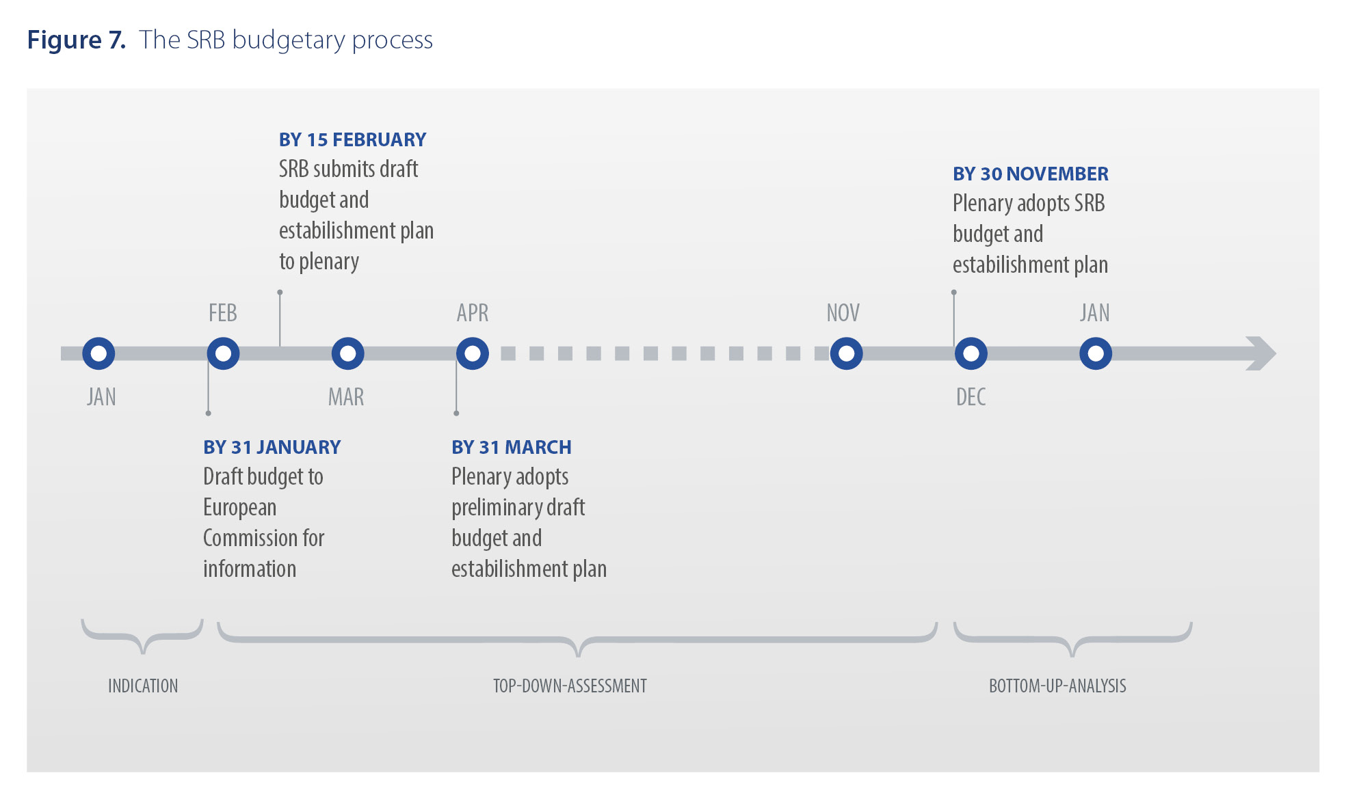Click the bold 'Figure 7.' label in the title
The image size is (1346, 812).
coord(76,40)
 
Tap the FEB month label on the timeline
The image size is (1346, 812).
coord(223,313)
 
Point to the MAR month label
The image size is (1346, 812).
coord(346,397)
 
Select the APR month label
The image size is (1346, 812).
coord(473,313)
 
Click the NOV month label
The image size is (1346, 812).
coord(843,313)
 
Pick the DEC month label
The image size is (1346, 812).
coord(971,397)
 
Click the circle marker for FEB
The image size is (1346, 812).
coord(223,353)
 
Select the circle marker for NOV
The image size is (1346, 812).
coord(846,353)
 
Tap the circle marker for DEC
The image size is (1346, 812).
coord(971,353)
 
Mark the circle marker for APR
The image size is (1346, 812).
coord(473,353)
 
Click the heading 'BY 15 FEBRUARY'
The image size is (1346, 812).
coord(352,140)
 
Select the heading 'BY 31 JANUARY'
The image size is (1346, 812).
coord(272,448)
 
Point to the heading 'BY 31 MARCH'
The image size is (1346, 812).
coord(511,448)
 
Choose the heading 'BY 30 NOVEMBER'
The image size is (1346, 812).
coord(1030,174)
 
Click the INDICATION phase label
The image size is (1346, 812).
coord(143,686)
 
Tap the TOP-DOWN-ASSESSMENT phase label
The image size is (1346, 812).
coord(570,686)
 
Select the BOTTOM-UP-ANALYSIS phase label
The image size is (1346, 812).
coord(1057,686)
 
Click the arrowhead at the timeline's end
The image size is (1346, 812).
coord(1261,353)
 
